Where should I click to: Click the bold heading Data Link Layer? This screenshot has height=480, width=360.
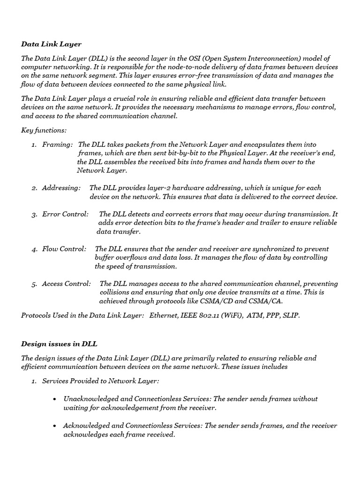coord(51,44)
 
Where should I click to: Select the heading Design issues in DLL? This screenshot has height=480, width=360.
coord(59,344)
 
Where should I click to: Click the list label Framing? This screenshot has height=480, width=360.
coord(57,145)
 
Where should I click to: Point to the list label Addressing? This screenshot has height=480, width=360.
coord(61,187)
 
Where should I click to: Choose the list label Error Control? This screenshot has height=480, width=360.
coord(65,214)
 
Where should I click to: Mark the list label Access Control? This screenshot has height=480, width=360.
coord(66,284)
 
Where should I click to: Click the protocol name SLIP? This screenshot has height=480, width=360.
coord(289,315)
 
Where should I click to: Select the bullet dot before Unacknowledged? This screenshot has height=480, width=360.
coord(55,399)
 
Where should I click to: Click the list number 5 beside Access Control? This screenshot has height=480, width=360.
coord(34,284)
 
